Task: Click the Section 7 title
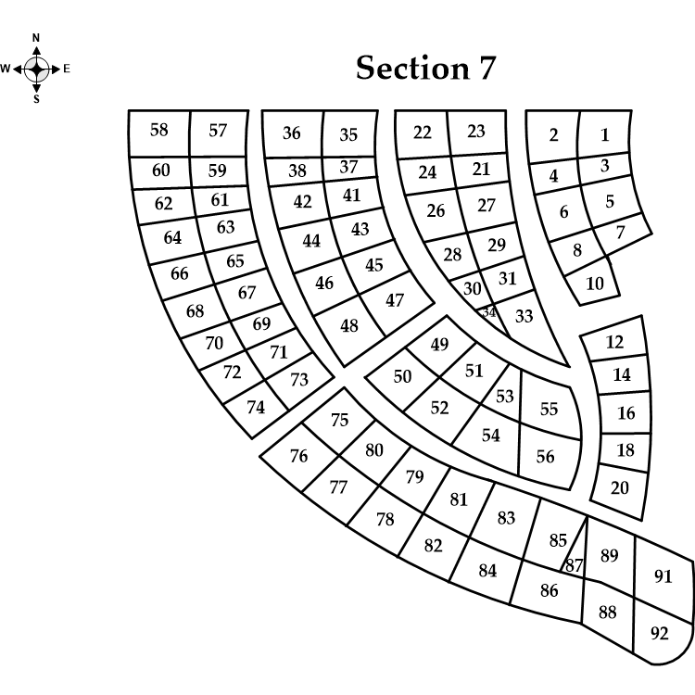pos(425,68)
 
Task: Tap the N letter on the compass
pos(36,38)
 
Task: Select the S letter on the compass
pos(36,99)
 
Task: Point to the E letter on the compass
pos(67,69)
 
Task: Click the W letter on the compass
pos(6,69)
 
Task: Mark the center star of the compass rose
pos(36,69)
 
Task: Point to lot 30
pos(472,288)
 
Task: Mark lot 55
pos(549,409)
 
